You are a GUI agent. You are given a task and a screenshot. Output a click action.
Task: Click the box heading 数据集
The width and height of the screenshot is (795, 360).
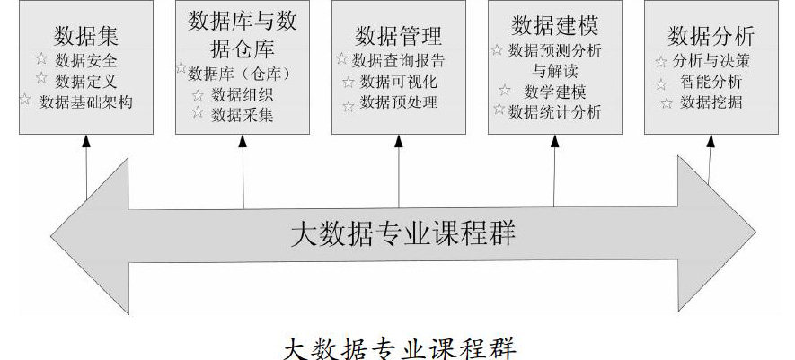tap(86, 37)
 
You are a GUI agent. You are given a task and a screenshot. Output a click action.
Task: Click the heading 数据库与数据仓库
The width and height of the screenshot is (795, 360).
tap(243, 33)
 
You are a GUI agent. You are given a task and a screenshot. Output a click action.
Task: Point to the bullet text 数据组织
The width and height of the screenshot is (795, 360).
tap(243, 93)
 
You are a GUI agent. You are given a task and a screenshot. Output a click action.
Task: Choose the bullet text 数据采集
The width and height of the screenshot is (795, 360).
tap(243, 114)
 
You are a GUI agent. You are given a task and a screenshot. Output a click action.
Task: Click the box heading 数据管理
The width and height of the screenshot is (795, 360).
tap(399, 37)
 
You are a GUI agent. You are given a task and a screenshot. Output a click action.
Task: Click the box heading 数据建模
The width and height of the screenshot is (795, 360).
tap(555, 22)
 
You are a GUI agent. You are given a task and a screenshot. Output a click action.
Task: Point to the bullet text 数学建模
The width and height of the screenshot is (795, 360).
tap(555, 91)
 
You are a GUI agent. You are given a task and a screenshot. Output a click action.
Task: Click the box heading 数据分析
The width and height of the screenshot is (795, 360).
tap(711, 37)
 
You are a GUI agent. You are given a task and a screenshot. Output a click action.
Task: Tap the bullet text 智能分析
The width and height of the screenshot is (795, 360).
tap(711, 82)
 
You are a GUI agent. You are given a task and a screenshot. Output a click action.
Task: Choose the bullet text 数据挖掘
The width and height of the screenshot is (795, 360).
tap(711, 102)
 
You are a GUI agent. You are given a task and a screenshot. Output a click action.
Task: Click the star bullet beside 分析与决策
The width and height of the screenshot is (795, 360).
tap(663, 61)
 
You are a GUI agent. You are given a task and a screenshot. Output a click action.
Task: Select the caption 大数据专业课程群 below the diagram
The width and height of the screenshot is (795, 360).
tap(400, 346)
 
